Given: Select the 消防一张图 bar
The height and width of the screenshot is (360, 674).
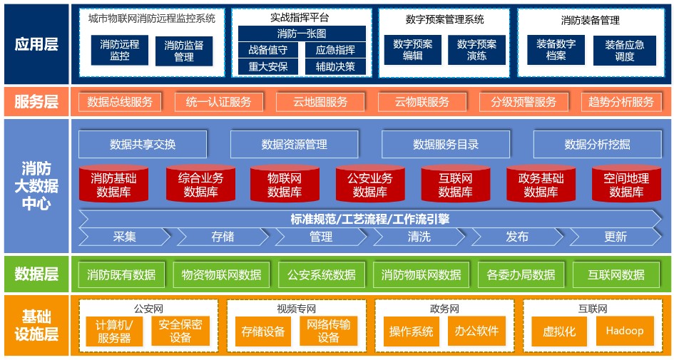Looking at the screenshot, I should [302, 34].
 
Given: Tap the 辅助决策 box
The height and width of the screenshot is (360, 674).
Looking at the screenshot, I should [335, 66].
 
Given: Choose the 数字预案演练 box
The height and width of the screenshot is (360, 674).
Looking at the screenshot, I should [476, 50].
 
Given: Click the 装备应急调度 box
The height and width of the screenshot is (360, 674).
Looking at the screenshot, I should [624, 50].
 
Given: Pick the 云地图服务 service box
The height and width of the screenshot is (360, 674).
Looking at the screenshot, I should [320, 102].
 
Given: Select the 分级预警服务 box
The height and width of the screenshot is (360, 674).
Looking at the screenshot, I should [524, 102].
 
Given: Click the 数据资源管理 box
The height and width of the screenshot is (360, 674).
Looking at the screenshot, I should [294, 144].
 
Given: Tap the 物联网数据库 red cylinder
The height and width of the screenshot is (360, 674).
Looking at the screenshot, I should [285, 185].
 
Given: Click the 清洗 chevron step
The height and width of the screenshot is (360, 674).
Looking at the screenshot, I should [419, 237].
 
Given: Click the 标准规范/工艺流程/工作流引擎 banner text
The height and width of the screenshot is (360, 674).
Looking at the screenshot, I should [369, 219].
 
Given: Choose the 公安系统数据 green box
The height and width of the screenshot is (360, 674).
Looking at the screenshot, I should [321, 274].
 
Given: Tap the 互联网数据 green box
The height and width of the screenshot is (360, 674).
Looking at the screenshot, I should [616, 274].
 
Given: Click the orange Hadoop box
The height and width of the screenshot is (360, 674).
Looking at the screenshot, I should [624, 331].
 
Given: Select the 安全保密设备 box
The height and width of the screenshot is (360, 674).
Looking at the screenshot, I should [180, 331].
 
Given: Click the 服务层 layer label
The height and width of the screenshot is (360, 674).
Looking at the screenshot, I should [36, 102].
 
